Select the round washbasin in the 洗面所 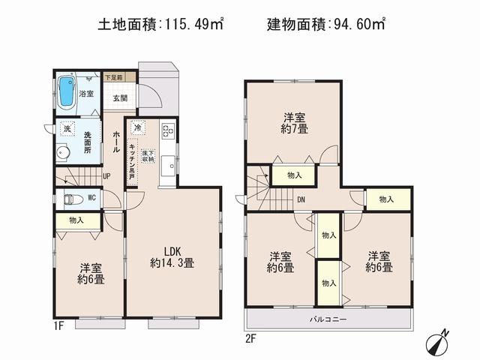click(x=63, y=152)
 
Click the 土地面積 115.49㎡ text click(x=161, y=25)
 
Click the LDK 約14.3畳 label click(x=172, y=256)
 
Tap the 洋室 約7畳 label click(x=293, y=122)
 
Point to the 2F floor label click(x=250, y=337)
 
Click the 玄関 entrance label click(x=121, y=97)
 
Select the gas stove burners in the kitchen click(x=166, y=133)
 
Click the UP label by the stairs click(x=107, y=177)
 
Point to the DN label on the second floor click(x=300, y=199)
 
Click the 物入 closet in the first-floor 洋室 click(x=76, y=220)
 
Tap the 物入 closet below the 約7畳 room click(x=293, y=175)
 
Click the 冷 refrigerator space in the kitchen click(x=137, y=127)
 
